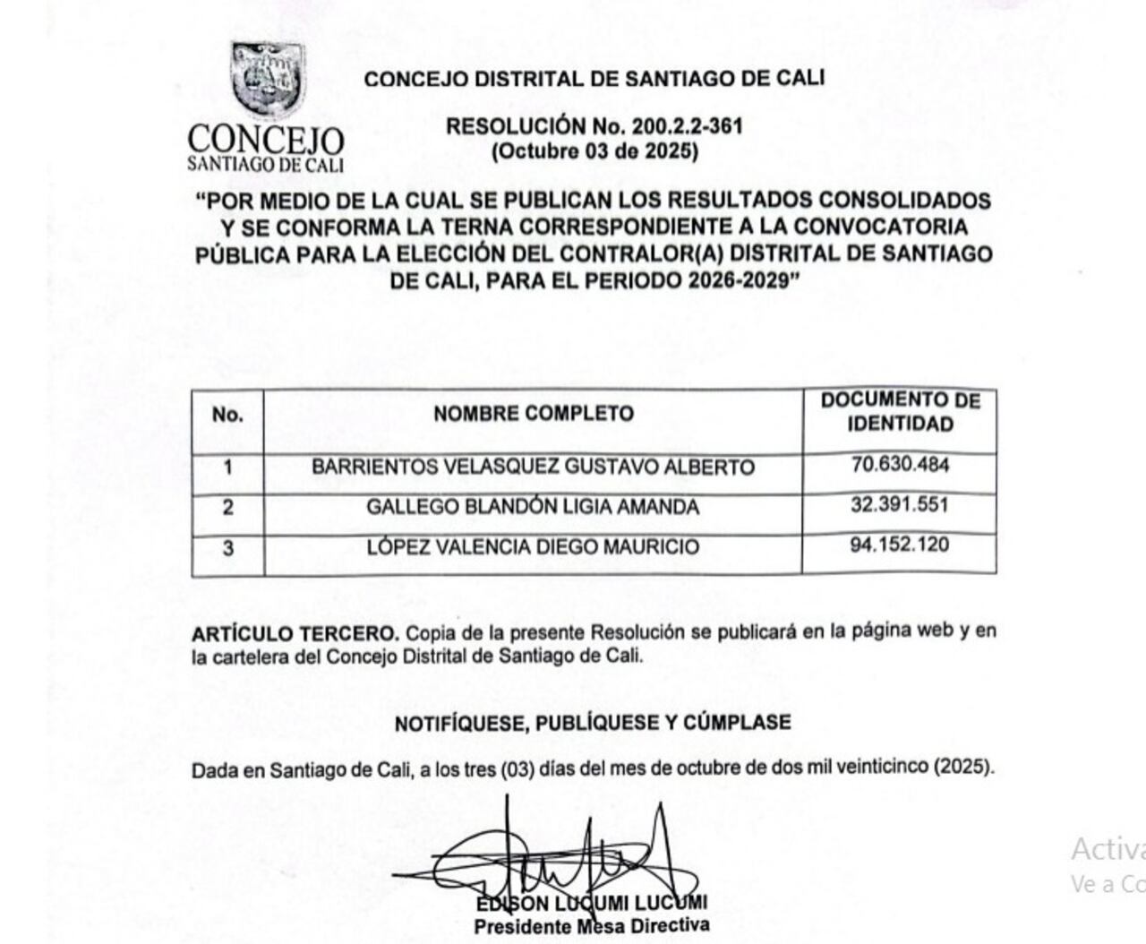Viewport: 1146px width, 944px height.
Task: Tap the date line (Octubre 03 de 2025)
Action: coord(594,150)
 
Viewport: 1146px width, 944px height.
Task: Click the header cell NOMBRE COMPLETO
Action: coord(533,414)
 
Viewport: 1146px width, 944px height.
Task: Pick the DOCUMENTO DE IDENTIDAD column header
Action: coord(900,412)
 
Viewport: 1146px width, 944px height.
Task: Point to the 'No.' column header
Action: coord(227,415)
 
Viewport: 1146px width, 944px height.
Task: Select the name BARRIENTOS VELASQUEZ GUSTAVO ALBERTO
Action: coord(533,468)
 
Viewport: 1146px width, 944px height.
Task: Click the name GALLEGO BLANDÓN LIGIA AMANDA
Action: coord(533,507)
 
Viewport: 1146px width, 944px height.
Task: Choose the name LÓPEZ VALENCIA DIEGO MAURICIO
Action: coord(533,547)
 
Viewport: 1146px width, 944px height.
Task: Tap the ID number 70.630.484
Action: coord(900,465)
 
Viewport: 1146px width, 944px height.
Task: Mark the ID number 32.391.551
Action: coord(900,505)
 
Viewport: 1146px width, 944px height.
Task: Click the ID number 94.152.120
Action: coord(900,545)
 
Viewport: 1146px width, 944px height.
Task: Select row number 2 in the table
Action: coord(228,508)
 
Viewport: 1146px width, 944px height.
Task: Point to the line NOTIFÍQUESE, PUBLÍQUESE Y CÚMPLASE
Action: coord(593,723)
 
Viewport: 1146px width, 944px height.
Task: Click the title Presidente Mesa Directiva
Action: coord(592,926)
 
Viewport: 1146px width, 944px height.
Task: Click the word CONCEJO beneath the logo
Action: coord(266,141)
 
